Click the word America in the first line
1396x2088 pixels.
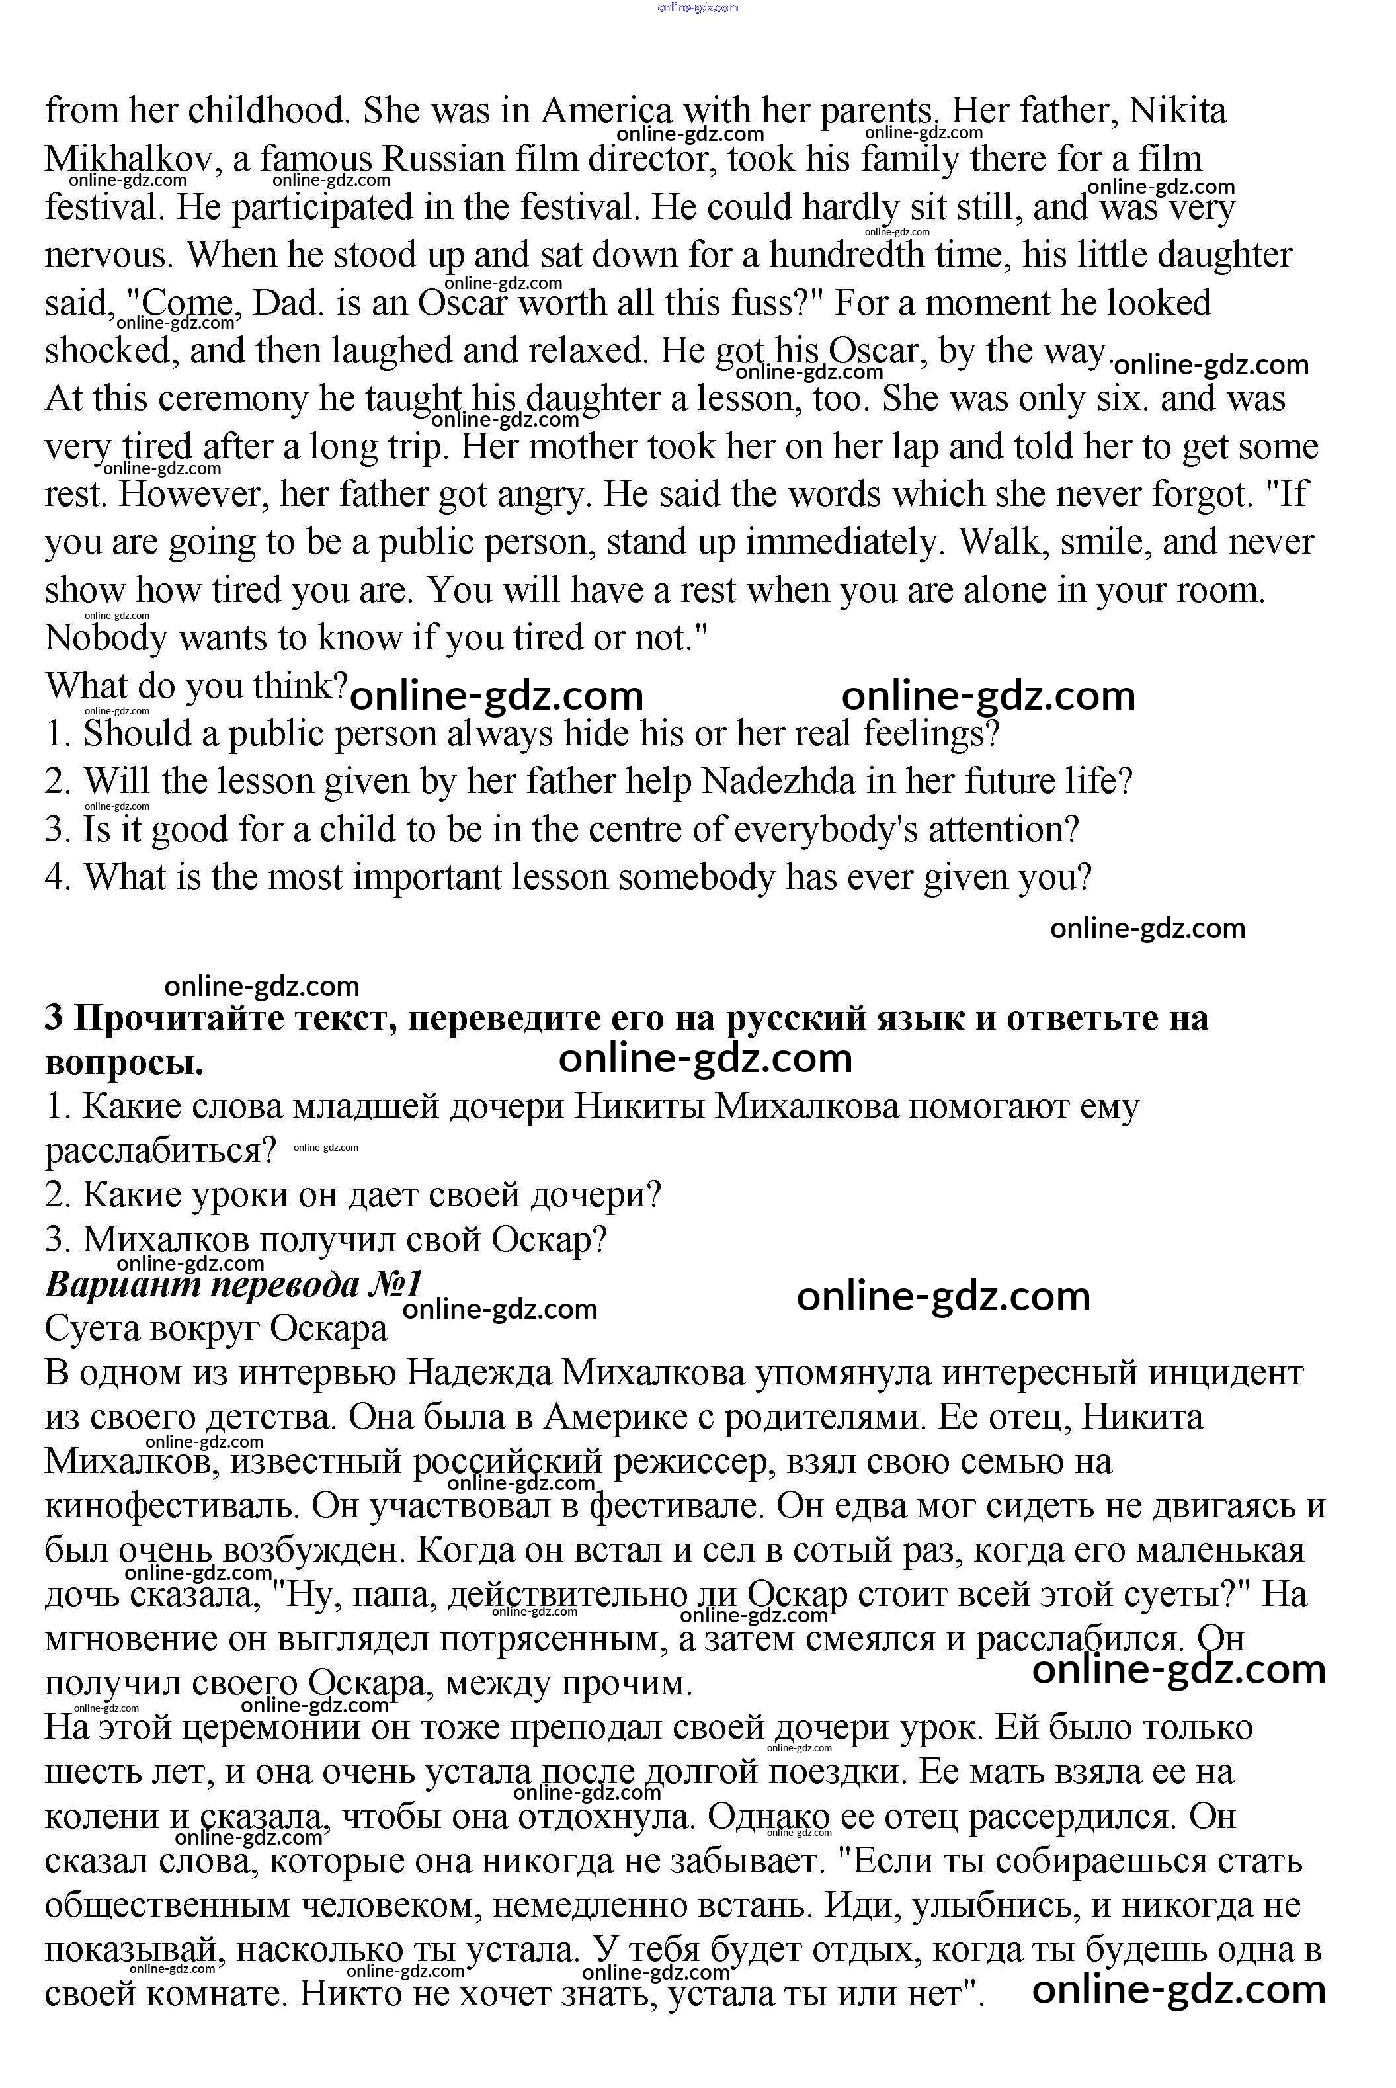point(607,111)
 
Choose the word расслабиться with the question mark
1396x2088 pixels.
point(161,1151)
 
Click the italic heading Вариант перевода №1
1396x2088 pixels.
point(233,1285)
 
